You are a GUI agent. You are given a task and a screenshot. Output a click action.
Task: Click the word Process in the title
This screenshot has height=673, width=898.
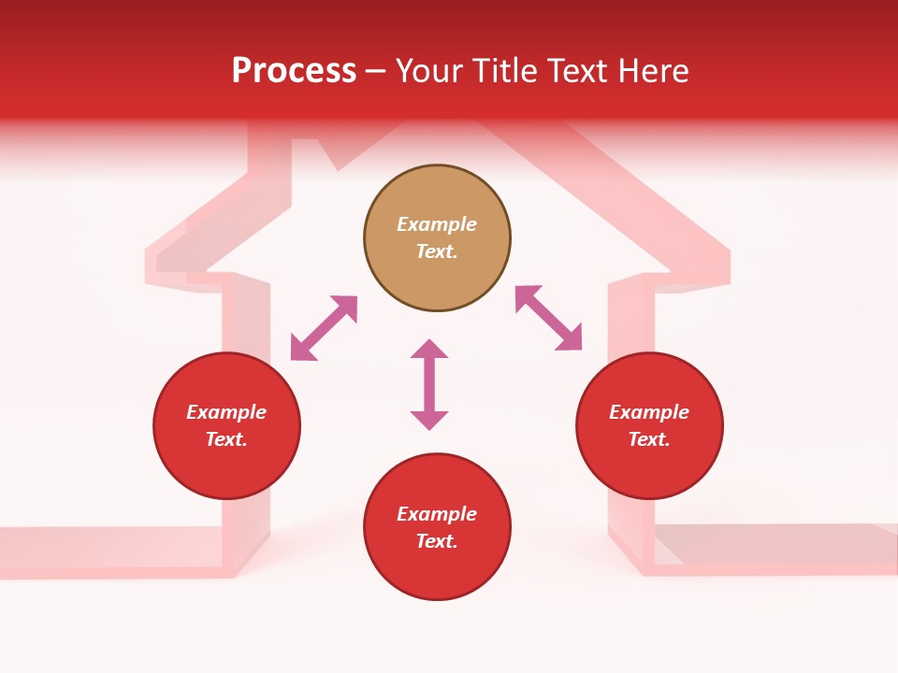coord(294,71)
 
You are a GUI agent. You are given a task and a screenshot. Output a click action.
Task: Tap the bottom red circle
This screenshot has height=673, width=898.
coord(437,570)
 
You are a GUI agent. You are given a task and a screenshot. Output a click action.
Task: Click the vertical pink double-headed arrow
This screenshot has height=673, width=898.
coord(429,384)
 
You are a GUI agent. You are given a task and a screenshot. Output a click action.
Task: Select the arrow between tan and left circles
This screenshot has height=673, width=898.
coord(324,328)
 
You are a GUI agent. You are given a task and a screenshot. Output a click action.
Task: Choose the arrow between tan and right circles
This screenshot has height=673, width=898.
coord(548,318)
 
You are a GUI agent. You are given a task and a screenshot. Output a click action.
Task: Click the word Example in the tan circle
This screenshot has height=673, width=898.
coord(437,224)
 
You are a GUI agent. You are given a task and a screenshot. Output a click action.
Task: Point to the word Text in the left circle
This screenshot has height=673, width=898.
coord(225,439)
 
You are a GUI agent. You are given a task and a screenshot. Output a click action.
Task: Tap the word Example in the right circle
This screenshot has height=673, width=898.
coord(649,412)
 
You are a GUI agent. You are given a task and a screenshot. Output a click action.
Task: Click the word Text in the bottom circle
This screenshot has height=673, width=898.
coord(436,541)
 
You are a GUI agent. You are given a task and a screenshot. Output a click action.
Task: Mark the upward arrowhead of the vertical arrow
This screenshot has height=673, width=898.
coord(429,349)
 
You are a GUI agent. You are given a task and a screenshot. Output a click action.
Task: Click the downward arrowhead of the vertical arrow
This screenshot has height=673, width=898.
coord(429,420)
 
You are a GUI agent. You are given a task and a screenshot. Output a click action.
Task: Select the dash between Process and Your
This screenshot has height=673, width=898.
coord(375,71)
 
